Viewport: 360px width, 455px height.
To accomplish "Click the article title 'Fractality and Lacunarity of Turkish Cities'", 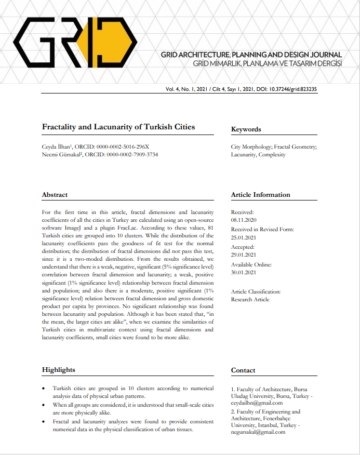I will tap(118, 127).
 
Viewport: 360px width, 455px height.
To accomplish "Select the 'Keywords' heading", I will tap(246, 129).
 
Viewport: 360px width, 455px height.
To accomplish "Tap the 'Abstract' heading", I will tap(55, 195).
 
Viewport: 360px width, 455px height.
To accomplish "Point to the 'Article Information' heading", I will tap(260, 195).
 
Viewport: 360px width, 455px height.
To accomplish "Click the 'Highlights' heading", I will tap(58, 370).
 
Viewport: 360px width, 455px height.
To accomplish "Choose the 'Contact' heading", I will tap(243, 370).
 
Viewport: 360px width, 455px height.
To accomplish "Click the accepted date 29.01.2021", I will tap(243, 255).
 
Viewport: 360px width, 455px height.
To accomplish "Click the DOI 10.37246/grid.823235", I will tap(293, 89).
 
